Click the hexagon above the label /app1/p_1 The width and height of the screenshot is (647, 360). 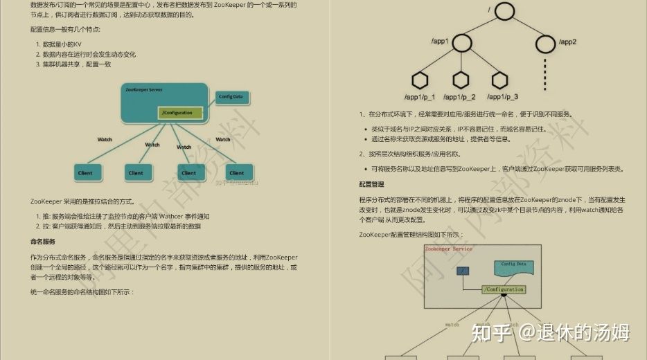[x=419, y=80]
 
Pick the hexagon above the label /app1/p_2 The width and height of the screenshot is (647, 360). [x=459, y=80]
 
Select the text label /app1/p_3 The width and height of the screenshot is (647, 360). [x=502, y=98]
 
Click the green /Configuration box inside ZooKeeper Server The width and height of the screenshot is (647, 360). [x=180, y=113]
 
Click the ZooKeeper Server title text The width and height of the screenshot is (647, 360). [x=143, y=90]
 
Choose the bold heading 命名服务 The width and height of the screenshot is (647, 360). [x=43, y=242]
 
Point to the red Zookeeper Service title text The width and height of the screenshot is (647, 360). [x=448, y=249]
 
